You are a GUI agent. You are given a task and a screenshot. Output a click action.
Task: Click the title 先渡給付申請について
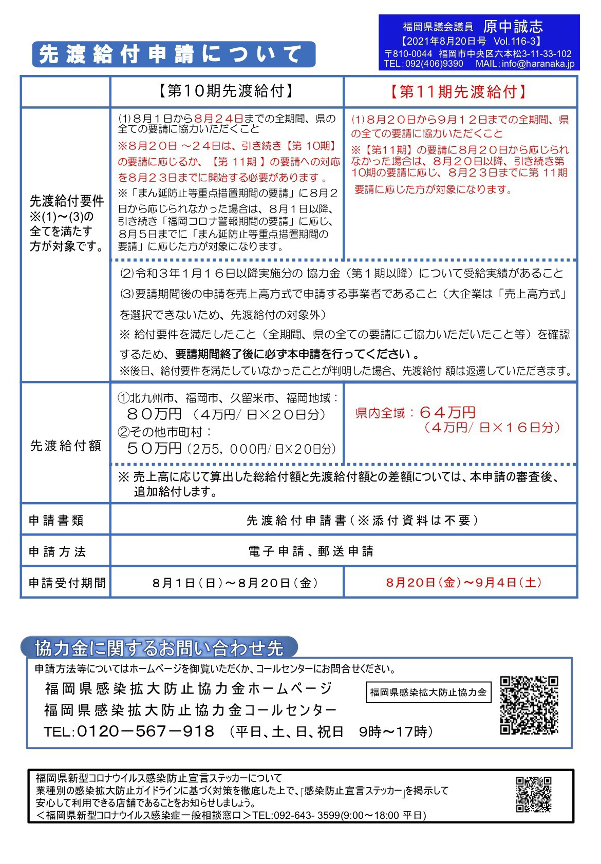click(x=173, y=54)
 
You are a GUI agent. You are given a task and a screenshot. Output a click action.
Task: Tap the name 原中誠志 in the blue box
click(x=512, y=27)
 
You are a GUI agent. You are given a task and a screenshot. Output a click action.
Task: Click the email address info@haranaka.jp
click(x=538, y=64)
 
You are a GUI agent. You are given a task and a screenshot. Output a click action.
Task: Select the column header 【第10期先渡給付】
click(x=226, y=91)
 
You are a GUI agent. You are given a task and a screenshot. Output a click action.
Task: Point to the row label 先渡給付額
click(x=65, y=446)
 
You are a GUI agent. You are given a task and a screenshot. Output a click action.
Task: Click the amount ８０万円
click(x=154, y=414)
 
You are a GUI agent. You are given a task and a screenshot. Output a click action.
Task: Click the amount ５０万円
click(x=154, y=448)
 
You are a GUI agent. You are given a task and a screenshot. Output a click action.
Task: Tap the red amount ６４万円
click(x=447, y=412)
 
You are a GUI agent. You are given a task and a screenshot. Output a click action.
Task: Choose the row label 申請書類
click(x=56, y=521)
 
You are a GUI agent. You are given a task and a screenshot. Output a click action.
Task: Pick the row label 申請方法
click(x=57, y=552)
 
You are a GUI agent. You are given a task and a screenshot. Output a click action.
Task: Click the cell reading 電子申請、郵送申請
click(x=311, y=551)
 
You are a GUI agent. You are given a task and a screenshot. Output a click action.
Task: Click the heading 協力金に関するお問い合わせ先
click(x=159, y=648)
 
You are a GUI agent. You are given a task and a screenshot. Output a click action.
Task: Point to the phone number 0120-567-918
click(x=145, y=731)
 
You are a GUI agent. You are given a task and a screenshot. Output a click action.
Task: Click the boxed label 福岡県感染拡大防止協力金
click(x=428, y=692)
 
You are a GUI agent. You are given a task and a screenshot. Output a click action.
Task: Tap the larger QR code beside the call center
click(x=529, y=705)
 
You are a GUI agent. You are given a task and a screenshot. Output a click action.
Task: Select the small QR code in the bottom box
click(x=534, y=794)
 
